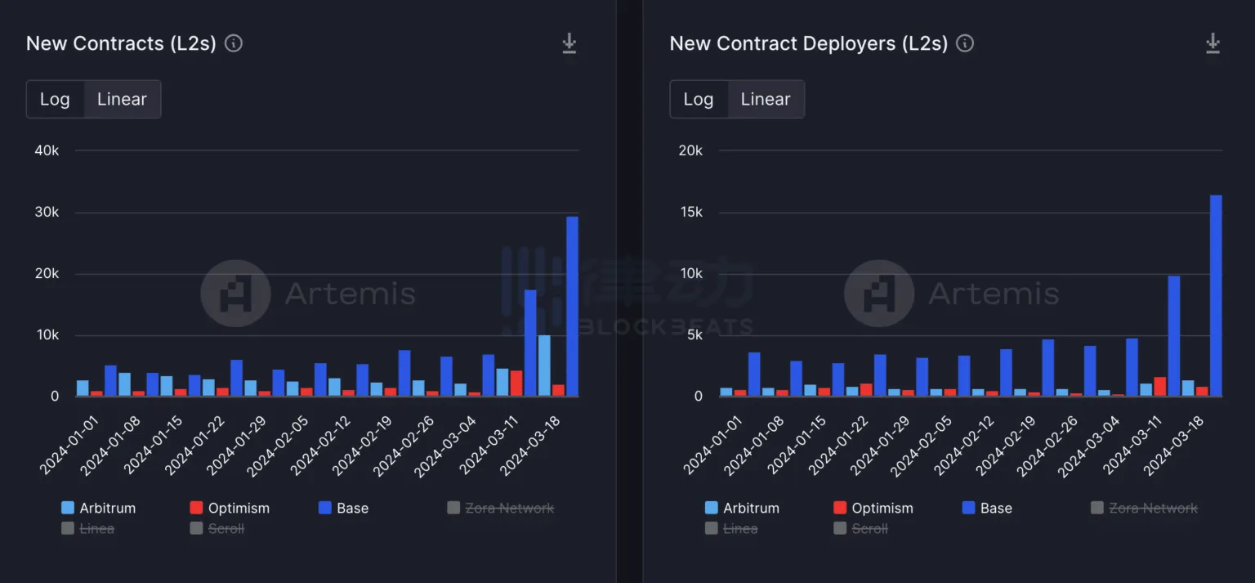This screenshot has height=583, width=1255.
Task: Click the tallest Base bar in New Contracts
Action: pos(572,307)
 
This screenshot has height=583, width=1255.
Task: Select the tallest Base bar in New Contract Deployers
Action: pos(1216,296)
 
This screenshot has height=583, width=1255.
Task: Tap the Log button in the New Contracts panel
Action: pos(55,99)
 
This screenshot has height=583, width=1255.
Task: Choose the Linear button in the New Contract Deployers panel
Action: pos(765,99)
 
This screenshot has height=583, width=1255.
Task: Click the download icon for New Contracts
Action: pos(569,43)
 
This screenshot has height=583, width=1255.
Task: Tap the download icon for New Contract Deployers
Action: pos(1213,43)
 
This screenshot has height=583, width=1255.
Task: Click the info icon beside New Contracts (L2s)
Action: pos(234,43)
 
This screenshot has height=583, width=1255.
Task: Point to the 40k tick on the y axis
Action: pos(45,150)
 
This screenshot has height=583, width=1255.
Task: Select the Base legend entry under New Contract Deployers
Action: pos(987,508)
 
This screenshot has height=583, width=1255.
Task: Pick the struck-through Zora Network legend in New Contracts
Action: pos(500,508)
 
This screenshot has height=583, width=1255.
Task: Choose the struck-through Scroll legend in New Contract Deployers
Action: pos(861,528)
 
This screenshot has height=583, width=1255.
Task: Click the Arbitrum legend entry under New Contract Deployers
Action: pos(742,508)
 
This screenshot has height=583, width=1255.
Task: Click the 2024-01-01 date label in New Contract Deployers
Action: pos(712,446)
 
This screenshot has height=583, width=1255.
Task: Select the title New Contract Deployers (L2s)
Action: pos(808,43)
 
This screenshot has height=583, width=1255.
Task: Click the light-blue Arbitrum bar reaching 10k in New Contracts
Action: pos(543,365)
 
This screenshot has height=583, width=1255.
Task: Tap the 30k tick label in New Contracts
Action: pos(45,213)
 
